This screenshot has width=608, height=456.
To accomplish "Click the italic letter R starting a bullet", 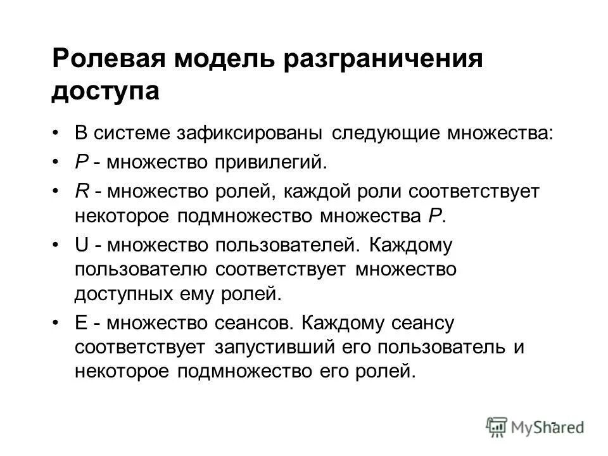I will pos(80,191).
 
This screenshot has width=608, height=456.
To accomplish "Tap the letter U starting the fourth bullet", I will pos(80,244).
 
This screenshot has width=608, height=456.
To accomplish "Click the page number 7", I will pos(552,425).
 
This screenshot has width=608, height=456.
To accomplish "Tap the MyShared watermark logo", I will pos(535,426).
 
